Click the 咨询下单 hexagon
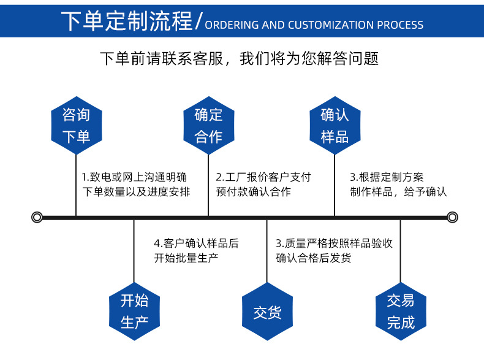76,125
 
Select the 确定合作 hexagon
209,125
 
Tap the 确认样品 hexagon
335,125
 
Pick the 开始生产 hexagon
134,311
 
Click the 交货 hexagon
267,312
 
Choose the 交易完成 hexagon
401,311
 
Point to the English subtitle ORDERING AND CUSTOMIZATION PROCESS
314,25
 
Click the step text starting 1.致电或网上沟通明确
135,184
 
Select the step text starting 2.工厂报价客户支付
263,184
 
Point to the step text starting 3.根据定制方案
398,184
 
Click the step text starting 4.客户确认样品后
196,250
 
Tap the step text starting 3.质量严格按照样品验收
334,250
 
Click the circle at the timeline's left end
37,217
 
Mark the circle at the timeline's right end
452,217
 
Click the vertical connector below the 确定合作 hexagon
209,184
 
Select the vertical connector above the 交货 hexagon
267,251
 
